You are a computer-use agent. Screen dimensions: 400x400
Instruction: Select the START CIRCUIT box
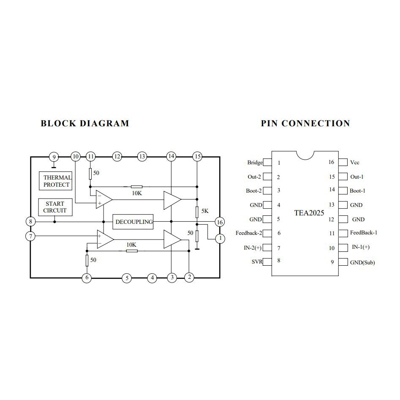[54, 207]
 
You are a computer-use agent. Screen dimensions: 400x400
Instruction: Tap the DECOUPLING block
[134, 222]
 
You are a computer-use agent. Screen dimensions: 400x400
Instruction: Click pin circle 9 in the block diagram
[53, 157]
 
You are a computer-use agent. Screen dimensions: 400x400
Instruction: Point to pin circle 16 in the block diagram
[219, 222]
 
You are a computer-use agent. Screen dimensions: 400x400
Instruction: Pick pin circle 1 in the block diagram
[220, 239]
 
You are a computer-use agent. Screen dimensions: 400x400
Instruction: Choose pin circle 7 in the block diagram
[30, 236]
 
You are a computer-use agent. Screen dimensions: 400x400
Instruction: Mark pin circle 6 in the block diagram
[87, 278]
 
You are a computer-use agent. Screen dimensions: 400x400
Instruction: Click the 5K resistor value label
[205, 211]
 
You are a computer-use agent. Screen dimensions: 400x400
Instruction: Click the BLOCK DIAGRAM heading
[85, 123]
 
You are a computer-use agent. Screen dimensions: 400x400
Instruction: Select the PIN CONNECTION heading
[305, 123]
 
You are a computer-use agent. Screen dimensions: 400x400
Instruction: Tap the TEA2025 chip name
[309, 212]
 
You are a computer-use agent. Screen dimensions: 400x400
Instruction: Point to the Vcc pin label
[355, 163]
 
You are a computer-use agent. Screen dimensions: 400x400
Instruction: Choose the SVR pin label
[257, 262]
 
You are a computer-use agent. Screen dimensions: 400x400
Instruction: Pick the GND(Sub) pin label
[362, 262]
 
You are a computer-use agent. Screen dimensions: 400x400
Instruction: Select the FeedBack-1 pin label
[364, 233]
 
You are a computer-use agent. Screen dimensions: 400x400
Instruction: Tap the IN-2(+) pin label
[253, 248]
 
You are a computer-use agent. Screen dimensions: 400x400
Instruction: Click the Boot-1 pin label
[357, 191]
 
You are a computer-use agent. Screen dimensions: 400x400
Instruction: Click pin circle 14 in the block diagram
[171, 157]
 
